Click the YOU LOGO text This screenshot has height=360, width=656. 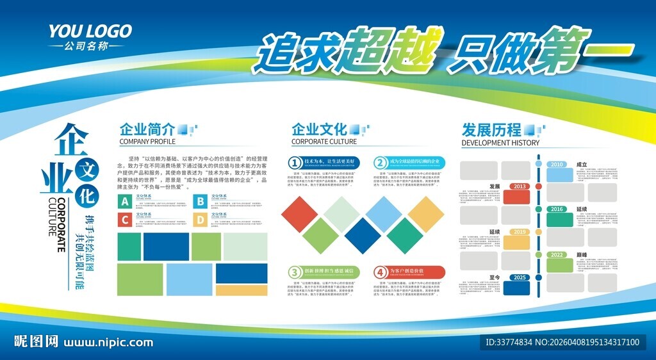[x=90, y=31]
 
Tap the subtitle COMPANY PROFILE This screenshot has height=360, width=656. [x=147, y=142]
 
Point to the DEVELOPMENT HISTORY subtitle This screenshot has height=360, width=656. [x=500, y=143]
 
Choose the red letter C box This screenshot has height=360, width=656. [x=125, y=220]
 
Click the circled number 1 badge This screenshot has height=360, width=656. [x=295, y=163]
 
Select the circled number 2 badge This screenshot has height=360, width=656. [x=381, y=163]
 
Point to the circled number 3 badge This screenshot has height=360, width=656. [x=295, y=272]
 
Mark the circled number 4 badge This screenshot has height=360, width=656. [x=381, y=272]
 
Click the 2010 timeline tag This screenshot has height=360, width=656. [x=557, y=165]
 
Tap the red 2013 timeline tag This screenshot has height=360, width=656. [x=520, y=186]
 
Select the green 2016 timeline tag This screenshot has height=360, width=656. [x=557, y=209]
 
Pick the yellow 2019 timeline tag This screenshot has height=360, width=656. [x=520, y=232]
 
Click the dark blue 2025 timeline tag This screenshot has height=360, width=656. [x=520, y=277]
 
